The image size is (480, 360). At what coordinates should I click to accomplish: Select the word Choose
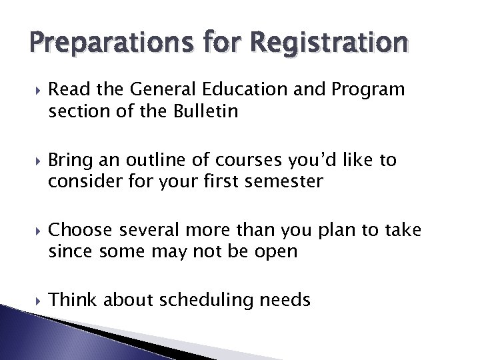pos(80,231)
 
